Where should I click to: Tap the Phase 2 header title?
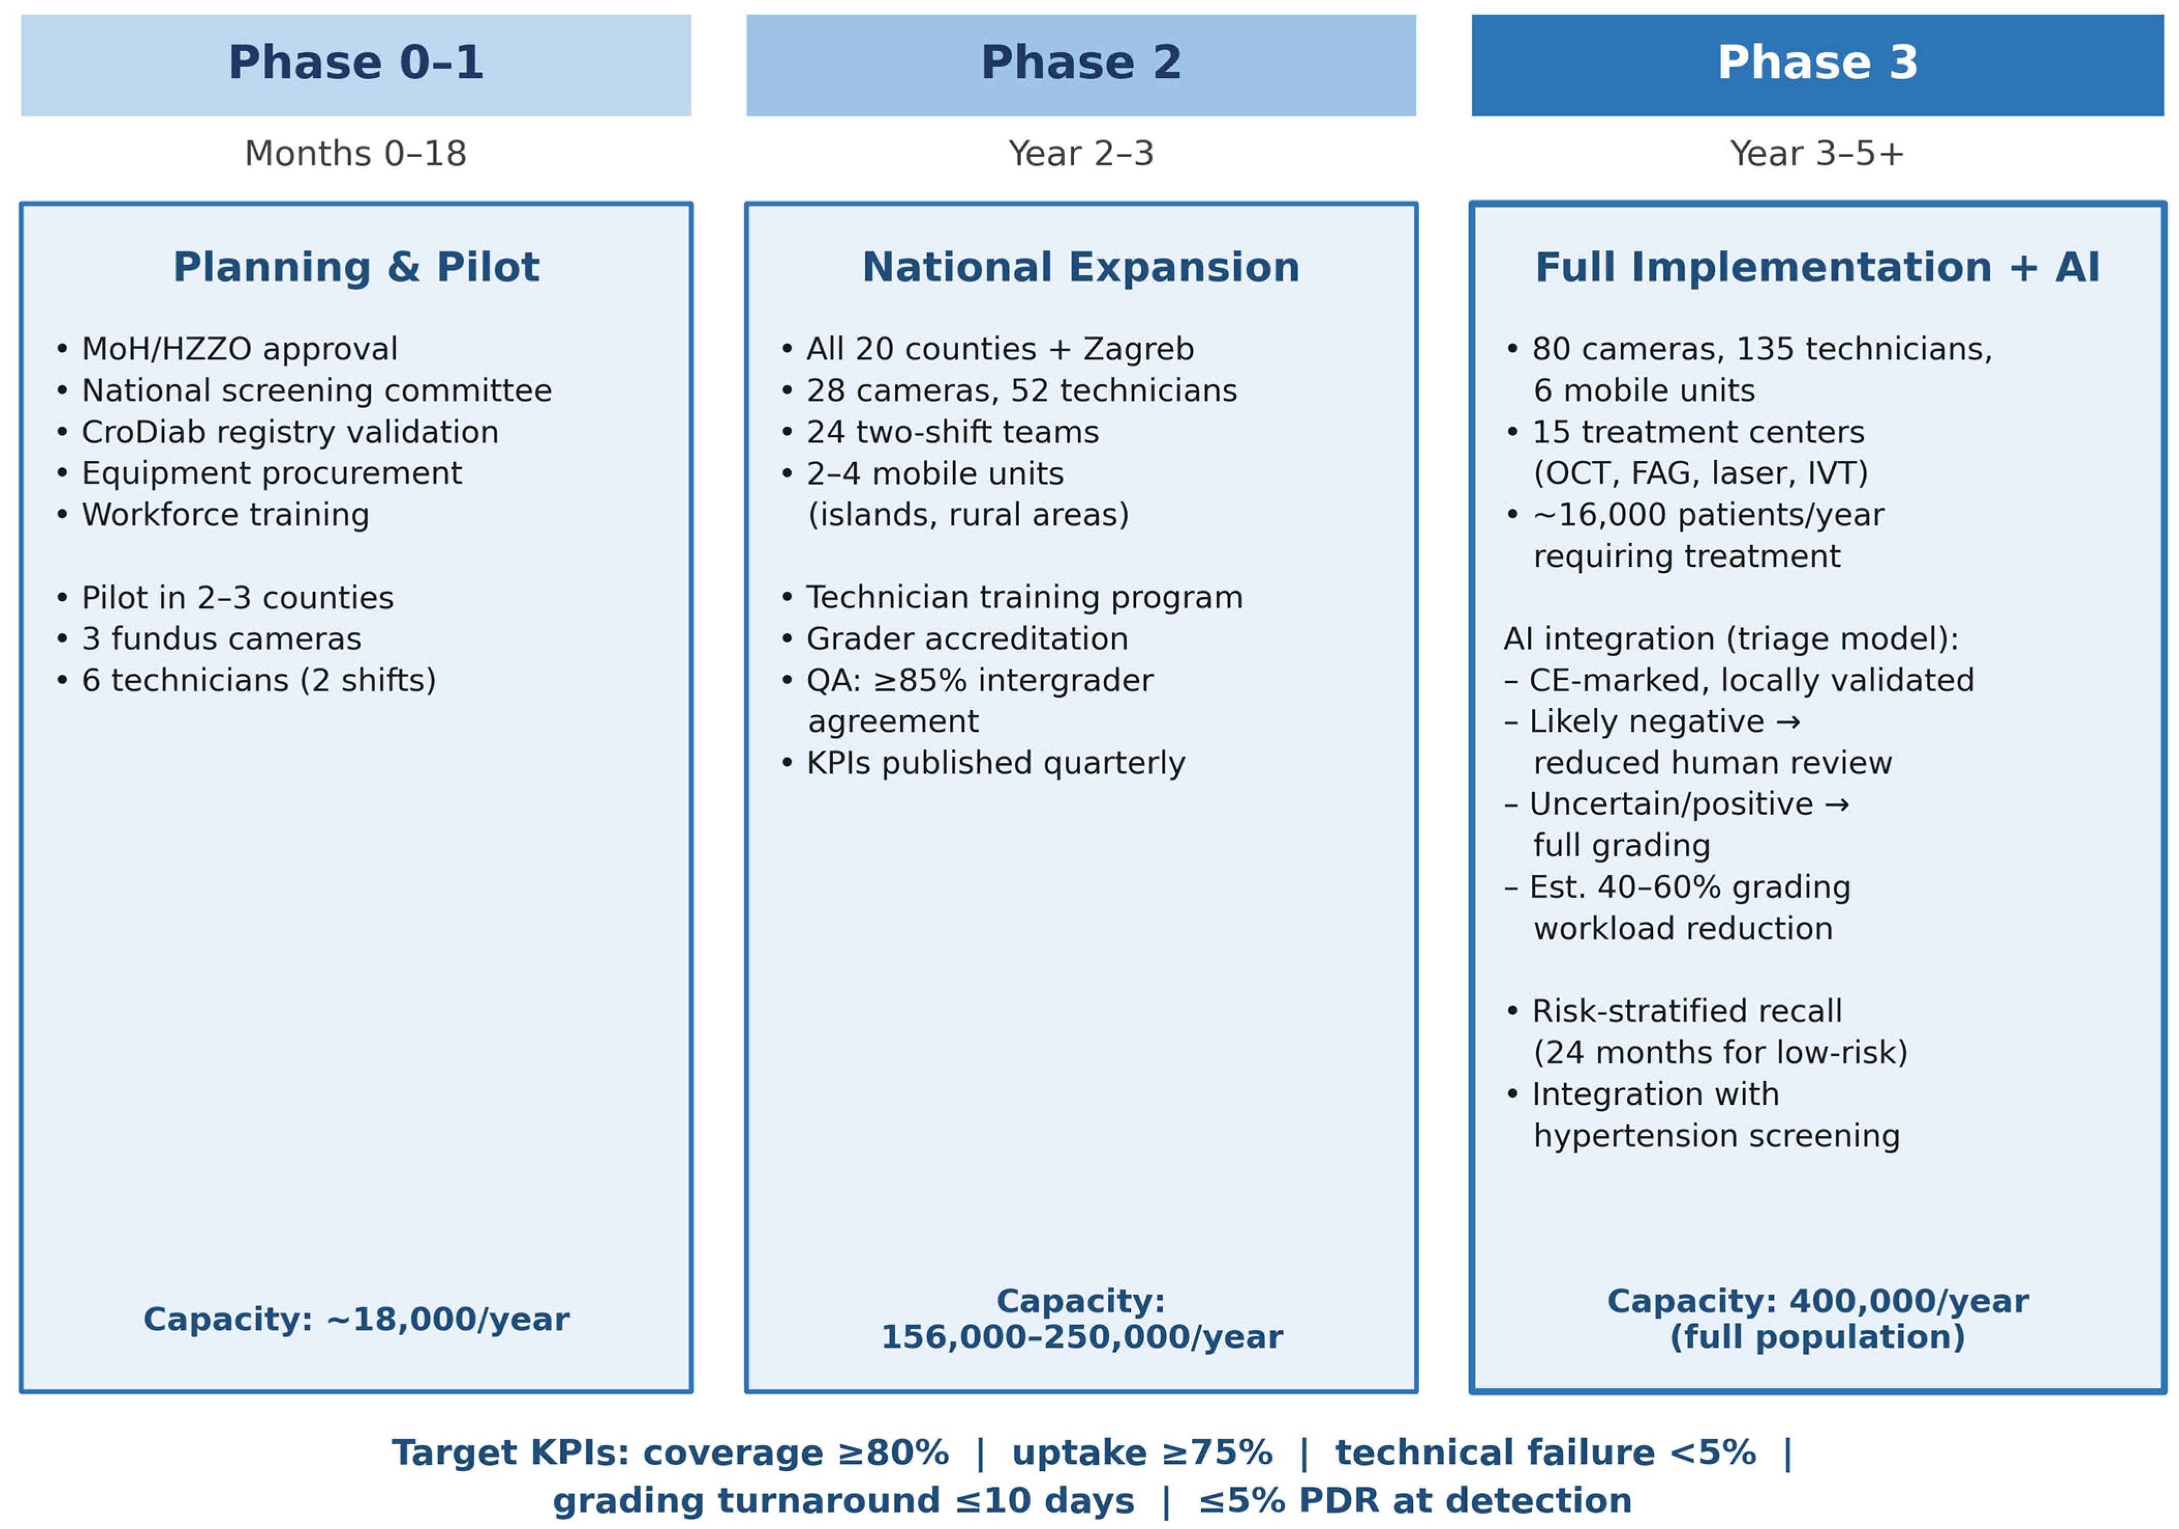[x=1081, y=63]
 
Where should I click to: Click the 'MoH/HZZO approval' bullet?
[x=228, y=349]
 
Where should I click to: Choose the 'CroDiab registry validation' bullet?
[x=278, y=432]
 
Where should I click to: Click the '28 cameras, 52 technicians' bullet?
[x=1010, y=391]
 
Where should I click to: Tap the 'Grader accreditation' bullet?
[x=955, y=639]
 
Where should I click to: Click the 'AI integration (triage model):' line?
[x=1731, y=639]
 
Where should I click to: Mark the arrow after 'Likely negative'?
[x=1787, y=722]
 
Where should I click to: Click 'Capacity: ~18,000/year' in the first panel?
[x=356, y=1319]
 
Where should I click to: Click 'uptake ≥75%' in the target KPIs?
[x=1142, y=1452]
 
